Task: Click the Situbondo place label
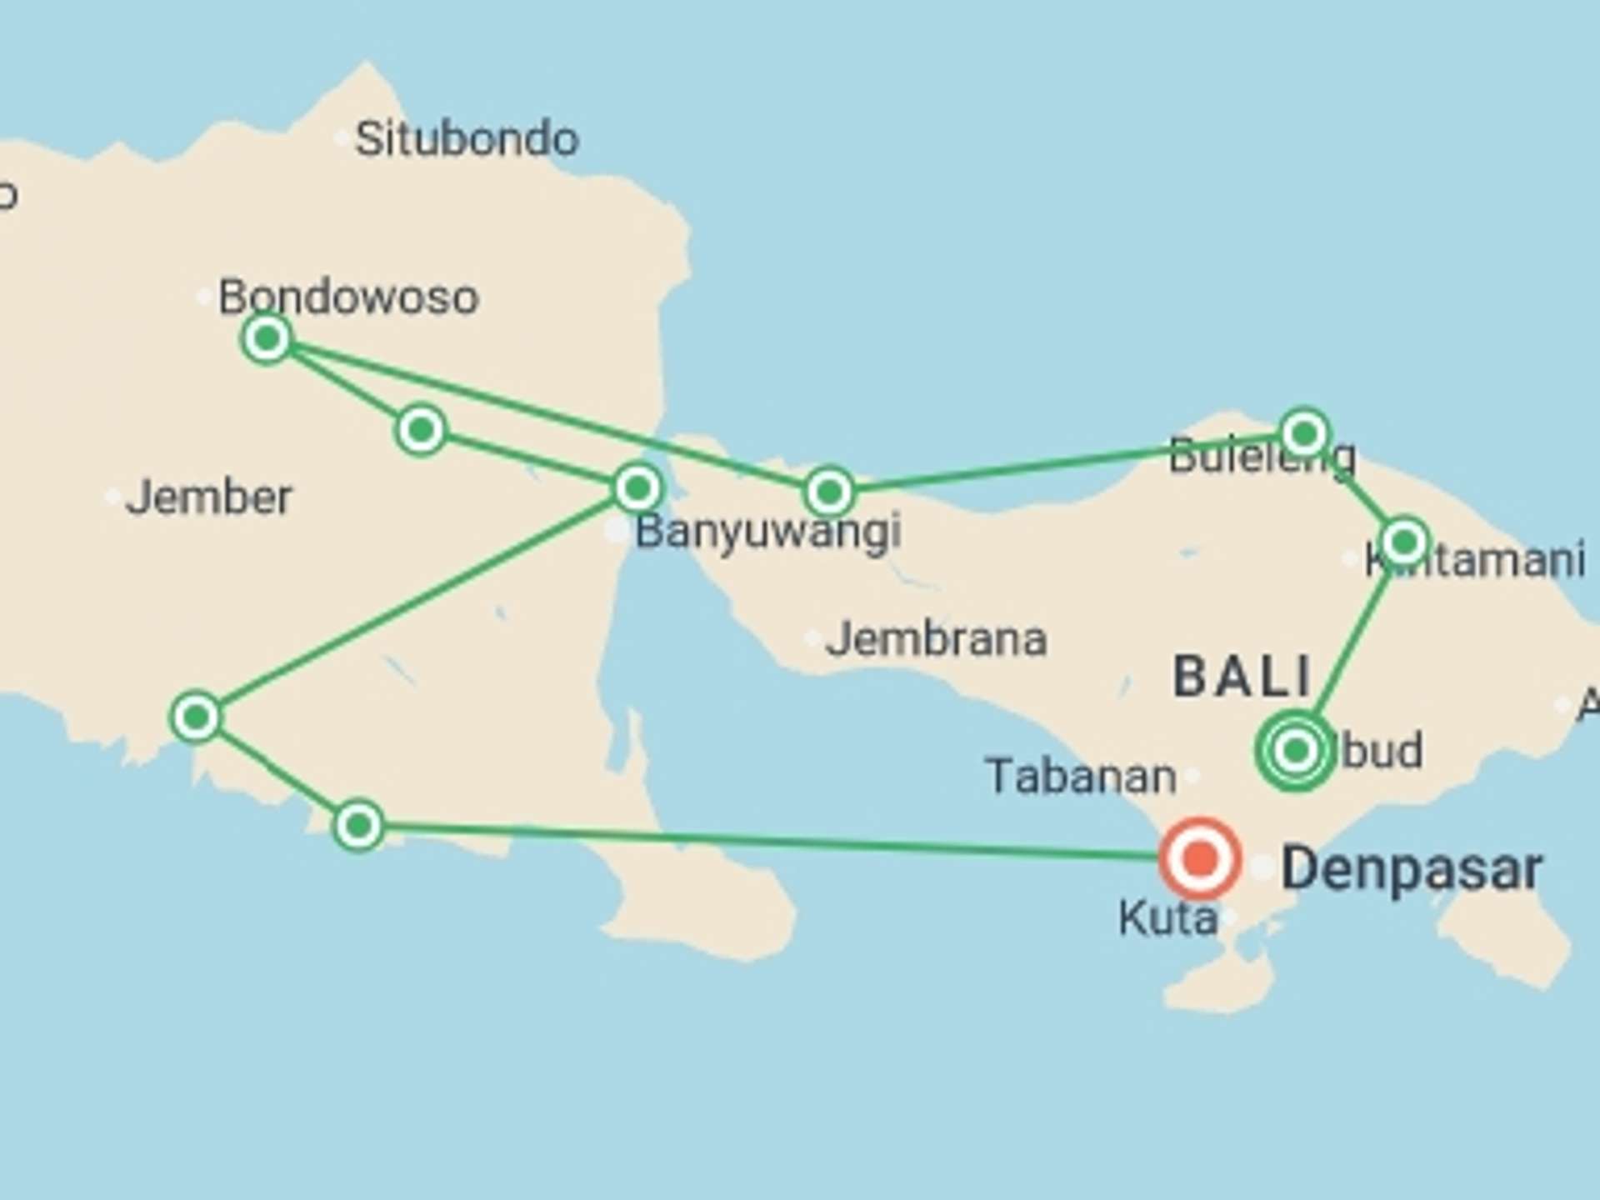pos(467,138)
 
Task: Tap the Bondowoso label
pos(348,297)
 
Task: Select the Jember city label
pos(208,497)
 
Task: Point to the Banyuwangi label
pos(767,532)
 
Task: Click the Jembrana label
pos(936,639)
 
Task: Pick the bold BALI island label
pos(1242,677)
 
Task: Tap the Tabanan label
pos(1081,777)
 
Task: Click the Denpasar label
pos(1411,869)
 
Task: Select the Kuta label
pos(1167,918)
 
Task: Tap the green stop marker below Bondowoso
pos(267,338)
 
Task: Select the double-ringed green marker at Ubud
pos(1296,751)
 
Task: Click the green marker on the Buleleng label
pos(1305,433)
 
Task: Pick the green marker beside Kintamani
pos(1405,542)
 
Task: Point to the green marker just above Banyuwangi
pos(637,487)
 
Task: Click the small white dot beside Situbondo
pos(342,138)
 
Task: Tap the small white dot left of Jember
pos(112,497)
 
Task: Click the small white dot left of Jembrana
pos(812,639)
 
